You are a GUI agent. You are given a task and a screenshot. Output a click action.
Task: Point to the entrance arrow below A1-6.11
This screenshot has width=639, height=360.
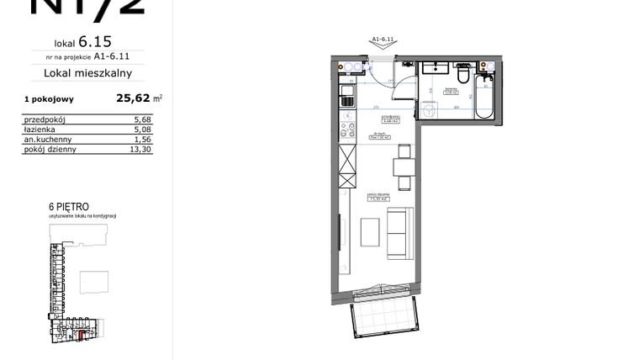pyautogui.click(x=383, y=47)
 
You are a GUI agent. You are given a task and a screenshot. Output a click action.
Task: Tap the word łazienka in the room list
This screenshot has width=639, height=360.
pyautogui.click(x=41, y=130)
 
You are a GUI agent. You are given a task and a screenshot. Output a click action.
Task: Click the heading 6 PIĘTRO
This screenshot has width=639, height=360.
pyautogui.click(x=69, y=207)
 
